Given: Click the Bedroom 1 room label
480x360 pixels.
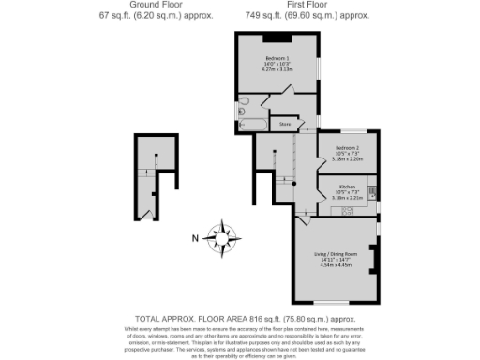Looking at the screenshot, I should (x=277, y=58).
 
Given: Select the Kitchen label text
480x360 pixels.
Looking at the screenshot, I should (x=347, y=187).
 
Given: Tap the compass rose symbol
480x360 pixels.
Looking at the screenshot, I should (x=224, y=235).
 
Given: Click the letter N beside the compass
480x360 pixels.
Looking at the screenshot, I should (x=195, y=236).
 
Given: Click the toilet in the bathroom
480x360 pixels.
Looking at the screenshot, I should (x=241, y=101).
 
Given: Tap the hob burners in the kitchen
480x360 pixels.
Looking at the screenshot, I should (x=373, y=194).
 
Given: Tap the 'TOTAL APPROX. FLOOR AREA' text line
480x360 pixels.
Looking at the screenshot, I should (x=239, y=319).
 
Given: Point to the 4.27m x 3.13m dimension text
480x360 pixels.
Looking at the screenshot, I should (x=277, y=69).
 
